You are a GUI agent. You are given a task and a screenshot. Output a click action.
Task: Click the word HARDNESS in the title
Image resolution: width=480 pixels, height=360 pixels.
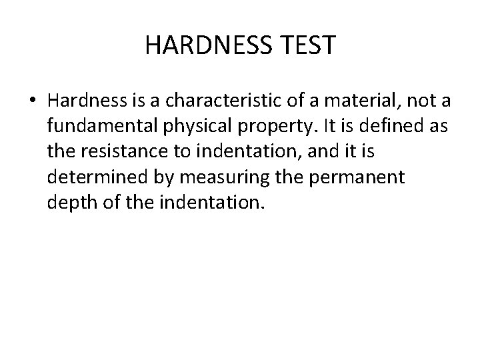pyautogui.click(x=204, y=46)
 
